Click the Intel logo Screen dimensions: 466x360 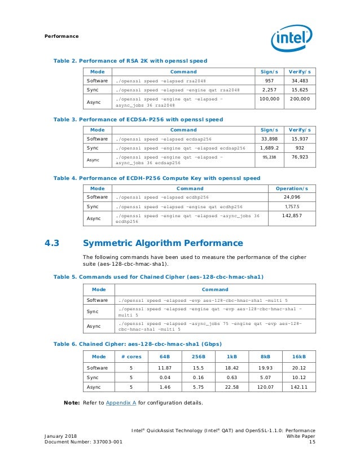tap(292, 38)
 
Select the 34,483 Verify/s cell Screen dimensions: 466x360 tap(299, 81)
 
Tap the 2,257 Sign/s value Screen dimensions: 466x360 tap(268, 90)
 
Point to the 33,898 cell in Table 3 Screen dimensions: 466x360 tap(268, 138)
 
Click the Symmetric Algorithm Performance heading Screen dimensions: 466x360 tap(163, 244)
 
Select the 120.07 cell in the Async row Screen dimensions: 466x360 tap(265, 388)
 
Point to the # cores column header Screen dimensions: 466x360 tap(131, 357)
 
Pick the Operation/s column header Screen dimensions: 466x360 tap(291, 188)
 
